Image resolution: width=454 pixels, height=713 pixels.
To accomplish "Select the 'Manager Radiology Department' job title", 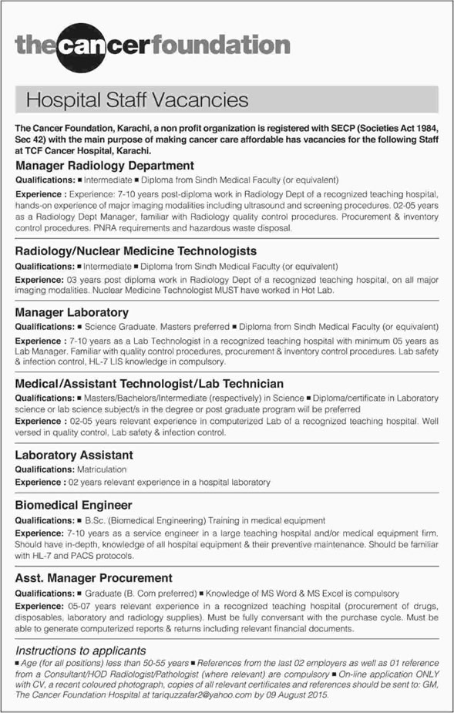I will point(104,165).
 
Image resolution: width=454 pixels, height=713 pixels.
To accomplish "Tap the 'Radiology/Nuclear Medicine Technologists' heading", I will point(136,251).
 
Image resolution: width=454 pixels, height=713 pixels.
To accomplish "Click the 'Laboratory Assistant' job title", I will point(74,455).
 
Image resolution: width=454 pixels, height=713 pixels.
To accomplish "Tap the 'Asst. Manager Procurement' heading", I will point(93,577).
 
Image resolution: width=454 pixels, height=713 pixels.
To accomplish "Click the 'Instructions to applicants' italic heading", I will point(81,651).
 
